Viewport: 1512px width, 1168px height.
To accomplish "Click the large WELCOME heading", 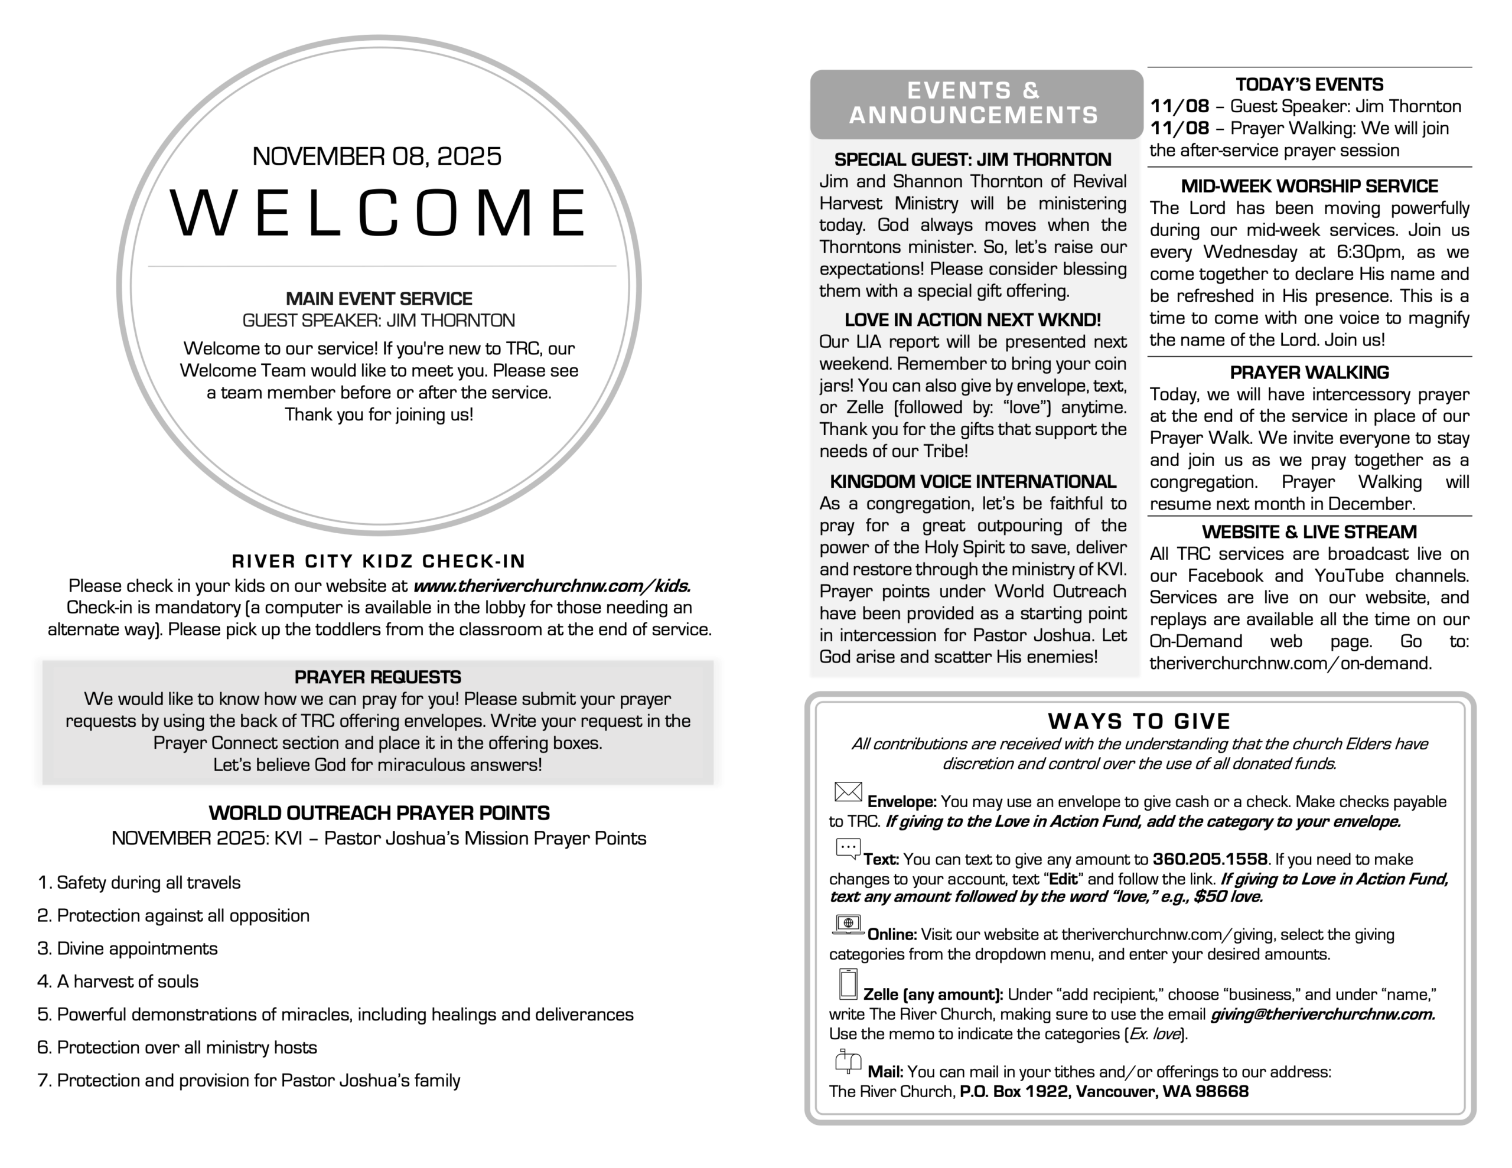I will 378,213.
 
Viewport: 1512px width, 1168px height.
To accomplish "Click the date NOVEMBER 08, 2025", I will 377,156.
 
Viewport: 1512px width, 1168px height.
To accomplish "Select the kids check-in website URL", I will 552,586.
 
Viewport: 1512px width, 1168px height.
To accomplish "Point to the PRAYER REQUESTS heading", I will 377,677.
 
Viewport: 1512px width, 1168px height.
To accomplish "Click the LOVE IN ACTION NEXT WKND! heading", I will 972,320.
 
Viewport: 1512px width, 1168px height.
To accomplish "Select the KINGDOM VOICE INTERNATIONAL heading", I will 973,481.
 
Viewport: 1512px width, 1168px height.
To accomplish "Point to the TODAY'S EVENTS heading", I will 1309,84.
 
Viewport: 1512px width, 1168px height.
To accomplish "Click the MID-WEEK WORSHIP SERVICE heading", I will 1309,185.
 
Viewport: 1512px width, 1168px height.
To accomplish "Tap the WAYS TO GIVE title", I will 1139,722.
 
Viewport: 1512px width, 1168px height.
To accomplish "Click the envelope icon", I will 848,792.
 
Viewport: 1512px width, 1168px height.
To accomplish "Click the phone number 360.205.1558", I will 1210,859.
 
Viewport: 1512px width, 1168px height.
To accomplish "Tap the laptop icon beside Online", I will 848,924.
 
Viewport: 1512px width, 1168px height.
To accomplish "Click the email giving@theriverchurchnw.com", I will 1322,1014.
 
